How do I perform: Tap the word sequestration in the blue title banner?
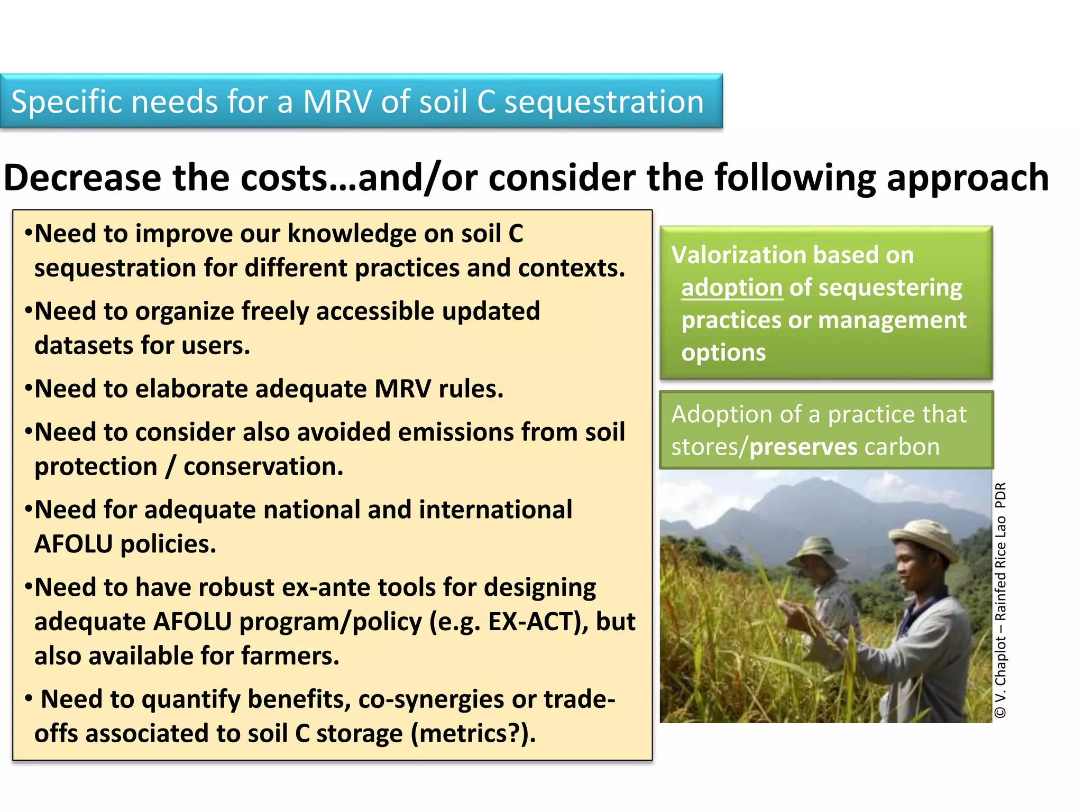tap(604, 103)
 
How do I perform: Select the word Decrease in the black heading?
tap(82, 178)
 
